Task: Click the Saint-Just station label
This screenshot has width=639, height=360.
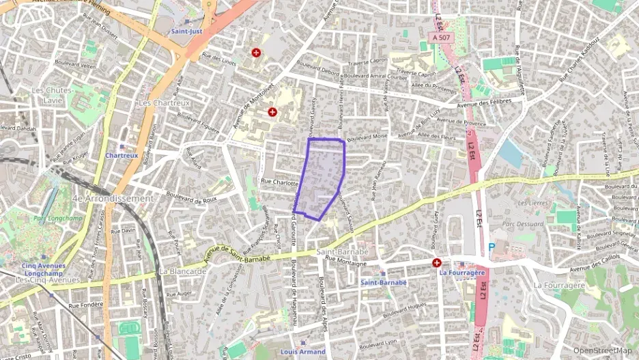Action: (x=186, y=31)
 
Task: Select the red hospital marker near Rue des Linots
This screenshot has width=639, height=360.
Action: (x=256, y=52)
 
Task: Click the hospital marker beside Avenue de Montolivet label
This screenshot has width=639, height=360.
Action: (x=272, y=111)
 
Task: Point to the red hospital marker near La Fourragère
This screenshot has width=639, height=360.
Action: (x=436, y=262)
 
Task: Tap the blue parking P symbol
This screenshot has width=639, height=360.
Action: (x=491, y=248)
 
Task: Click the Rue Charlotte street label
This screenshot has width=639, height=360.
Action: (x=280, y=183)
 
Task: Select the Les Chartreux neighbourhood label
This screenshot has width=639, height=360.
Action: (x=164, y=102)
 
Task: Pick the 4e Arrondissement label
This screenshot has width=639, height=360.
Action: (x=113, y=198)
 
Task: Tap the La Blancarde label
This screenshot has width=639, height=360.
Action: (x=182, y=271)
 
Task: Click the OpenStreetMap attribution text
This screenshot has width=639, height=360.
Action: (x=602, y=350)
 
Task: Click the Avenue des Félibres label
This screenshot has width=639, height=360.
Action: (x=493, y=102)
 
